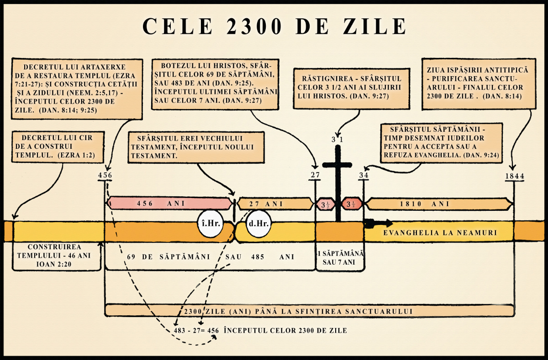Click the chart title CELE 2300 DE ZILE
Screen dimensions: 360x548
click(274, 26)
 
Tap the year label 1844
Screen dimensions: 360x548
click(515, 176)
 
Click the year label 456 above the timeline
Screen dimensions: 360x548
click(105, 175)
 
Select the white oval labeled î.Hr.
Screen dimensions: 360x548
click(208, 224)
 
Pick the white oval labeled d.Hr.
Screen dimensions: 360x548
click(258, 224)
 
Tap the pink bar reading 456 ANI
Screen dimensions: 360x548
click(169, 203)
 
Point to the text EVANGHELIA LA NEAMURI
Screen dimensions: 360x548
click(440, 233)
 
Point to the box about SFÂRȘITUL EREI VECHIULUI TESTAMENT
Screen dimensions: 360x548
click(197, 147)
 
